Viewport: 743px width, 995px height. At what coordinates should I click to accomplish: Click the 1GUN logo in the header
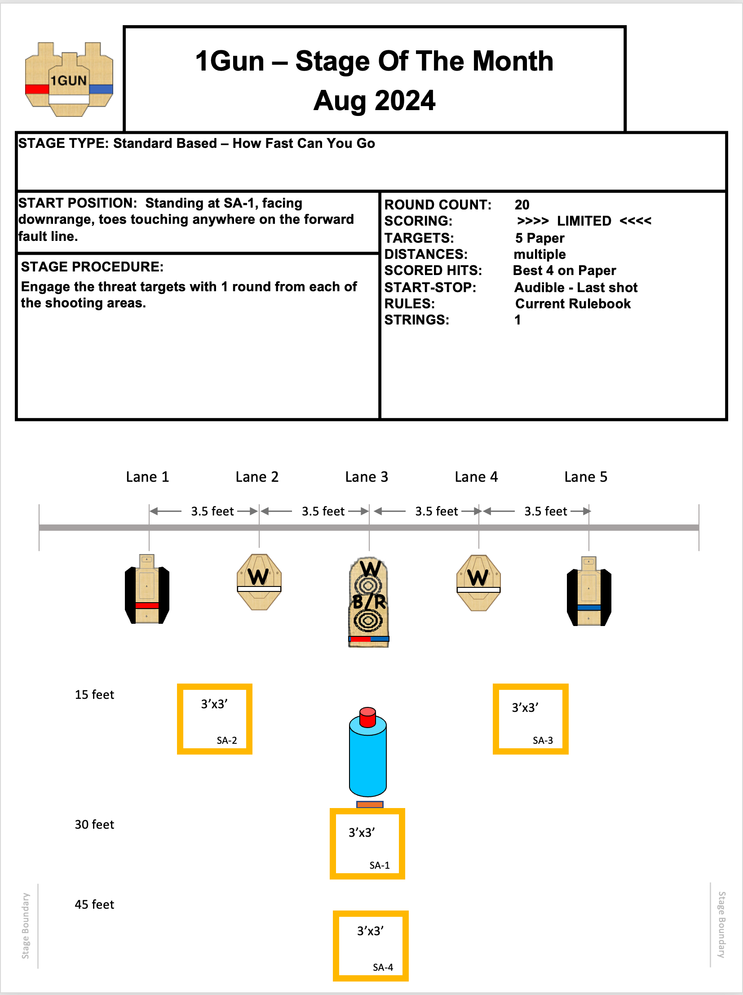point(69,80)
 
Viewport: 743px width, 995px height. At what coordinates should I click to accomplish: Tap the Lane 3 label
point(366,477)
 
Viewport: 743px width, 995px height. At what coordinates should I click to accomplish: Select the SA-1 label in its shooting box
point(380,865)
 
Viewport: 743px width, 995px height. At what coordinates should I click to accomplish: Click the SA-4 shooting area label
point(383,967)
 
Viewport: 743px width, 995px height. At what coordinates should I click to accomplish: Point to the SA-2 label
point(226,740)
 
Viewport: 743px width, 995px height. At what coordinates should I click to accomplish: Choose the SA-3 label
point(543,740)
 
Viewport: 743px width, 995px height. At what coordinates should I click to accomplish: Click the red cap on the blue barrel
point(367,716)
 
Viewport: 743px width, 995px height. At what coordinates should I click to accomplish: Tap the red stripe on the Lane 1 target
point(147,605)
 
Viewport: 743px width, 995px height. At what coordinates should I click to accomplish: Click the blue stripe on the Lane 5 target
point(589,608)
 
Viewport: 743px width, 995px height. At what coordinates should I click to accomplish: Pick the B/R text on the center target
point(369,601)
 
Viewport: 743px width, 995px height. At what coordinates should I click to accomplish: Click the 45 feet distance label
point(94,905)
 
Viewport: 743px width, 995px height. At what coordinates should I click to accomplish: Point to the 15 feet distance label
point(94,694)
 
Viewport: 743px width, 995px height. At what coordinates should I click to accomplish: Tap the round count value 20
point(522,204)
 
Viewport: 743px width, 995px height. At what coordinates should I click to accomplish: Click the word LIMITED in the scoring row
point(584,221)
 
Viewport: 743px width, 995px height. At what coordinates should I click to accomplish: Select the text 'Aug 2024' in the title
point(375,100)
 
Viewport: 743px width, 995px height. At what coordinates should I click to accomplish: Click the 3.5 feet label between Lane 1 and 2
point(212,511)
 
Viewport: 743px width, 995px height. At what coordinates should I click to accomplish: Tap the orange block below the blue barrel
point(369,804)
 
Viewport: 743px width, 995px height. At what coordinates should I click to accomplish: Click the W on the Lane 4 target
point(478,577)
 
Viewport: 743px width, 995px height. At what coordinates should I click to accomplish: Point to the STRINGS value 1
point(518,320)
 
